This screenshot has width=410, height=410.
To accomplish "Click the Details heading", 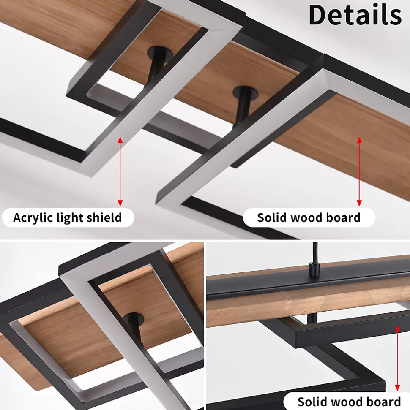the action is (355, 15).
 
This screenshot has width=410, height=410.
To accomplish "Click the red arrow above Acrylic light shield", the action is (120, 171).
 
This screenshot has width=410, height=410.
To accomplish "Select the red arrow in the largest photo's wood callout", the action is (359, 171).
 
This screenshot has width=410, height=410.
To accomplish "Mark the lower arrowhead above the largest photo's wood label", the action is (359, 203).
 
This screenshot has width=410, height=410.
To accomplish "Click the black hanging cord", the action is (315, 253).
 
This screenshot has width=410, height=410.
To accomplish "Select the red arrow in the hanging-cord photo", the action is (397, 358).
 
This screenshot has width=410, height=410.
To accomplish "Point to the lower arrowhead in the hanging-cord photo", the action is (397, 388).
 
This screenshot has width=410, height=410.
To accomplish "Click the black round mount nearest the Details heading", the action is (245, 92).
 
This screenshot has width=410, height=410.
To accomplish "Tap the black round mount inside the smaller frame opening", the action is (160, 54).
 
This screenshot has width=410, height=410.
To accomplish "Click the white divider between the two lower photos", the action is (205, 326).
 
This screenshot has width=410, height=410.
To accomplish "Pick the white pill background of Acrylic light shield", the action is (68, 217).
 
